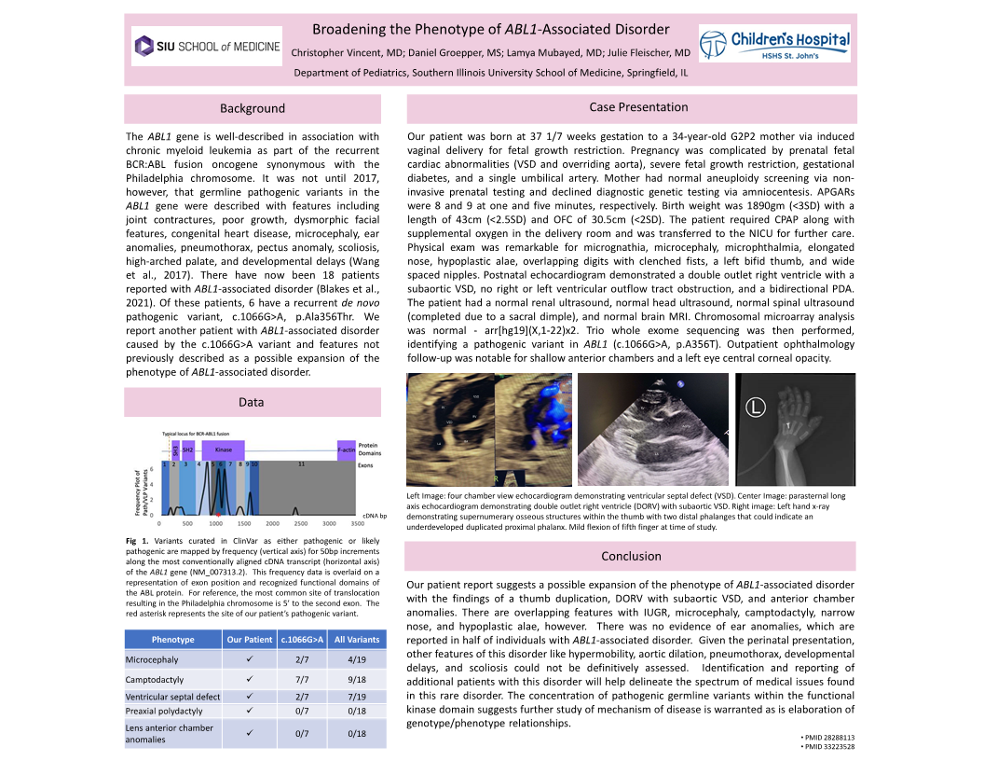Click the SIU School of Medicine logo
(207, 46)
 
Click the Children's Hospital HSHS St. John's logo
(775, 46)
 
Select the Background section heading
(253, 109)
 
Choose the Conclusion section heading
(631, 556)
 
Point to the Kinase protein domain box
(223, 450)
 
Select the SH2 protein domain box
(188, 450)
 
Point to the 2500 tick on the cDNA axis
(294, 524)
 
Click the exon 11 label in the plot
(301, 464)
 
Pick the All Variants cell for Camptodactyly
(356, 680)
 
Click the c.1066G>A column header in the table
(302, 640)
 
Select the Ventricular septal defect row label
(172, 697)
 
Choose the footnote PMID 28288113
(828, 738)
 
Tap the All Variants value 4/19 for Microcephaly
(356, 660)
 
